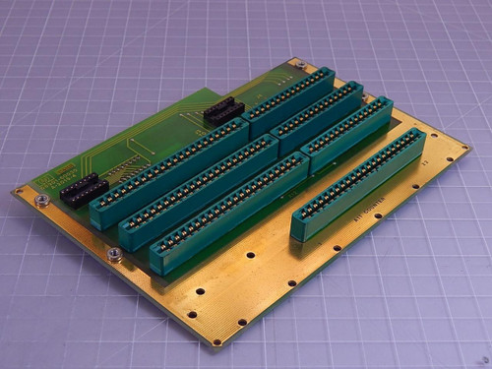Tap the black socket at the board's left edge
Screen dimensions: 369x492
pyautogui.click(x=85, y=188)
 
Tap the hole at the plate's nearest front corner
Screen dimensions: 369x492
pyautogui.click(x=217, y=341)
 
